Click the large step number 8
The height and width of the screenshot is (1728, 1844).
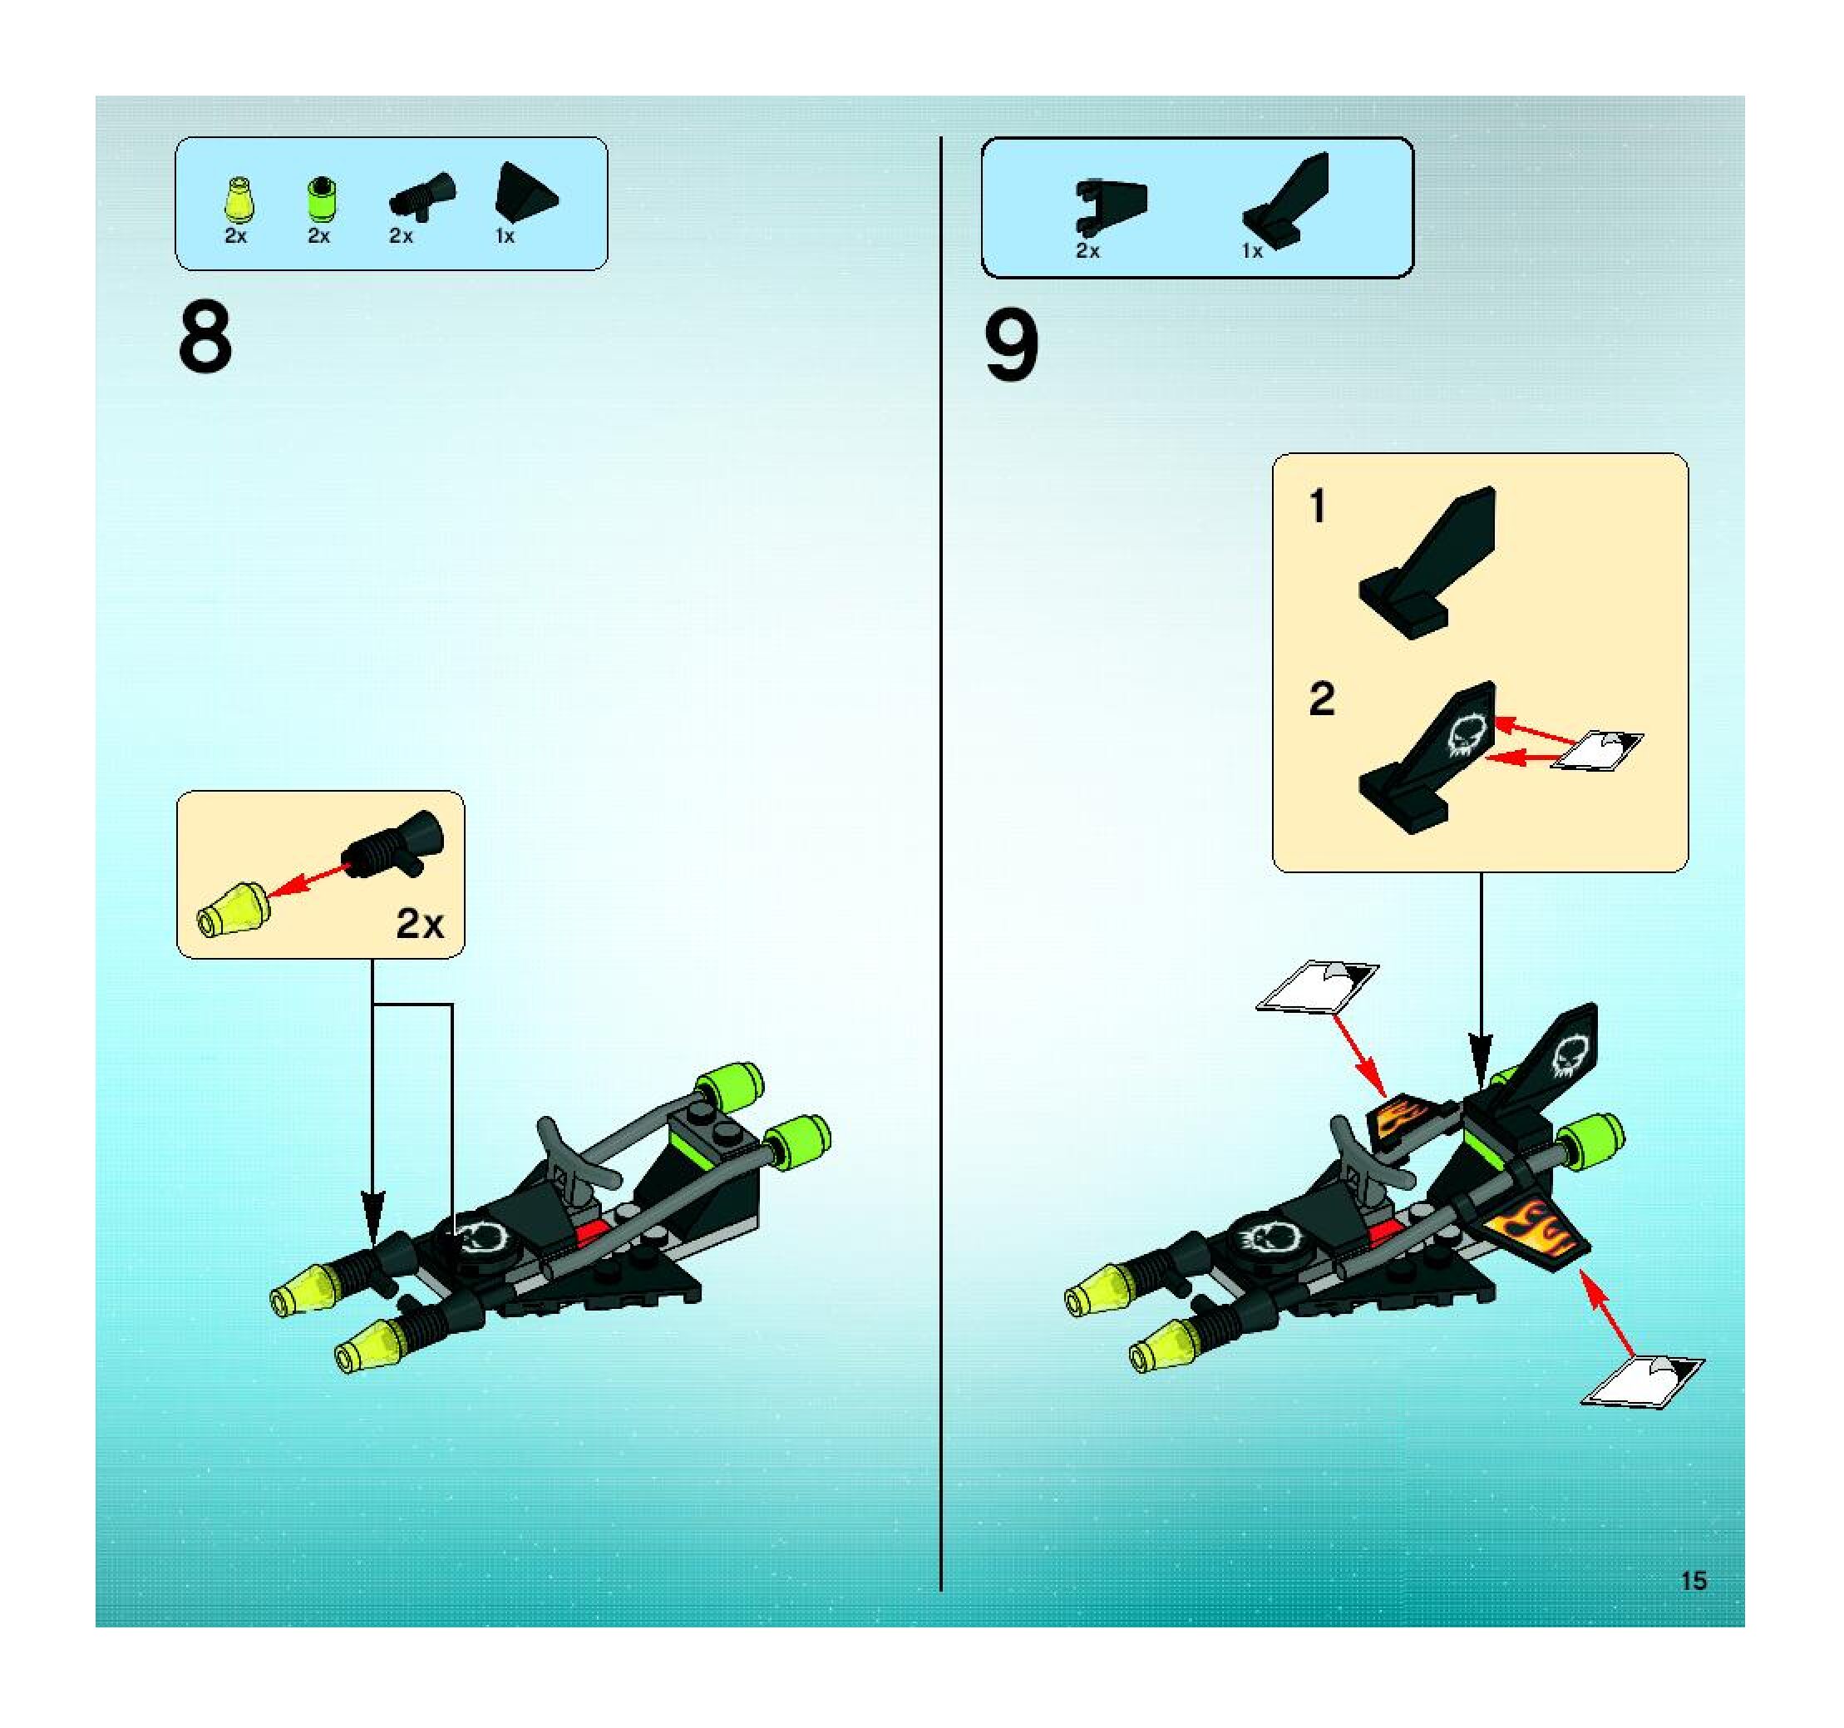point(205,338)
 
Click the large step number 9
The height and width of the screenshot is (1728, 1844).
point(1011,345)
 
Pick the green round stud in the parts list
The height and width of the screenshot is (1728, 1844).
point(321,198)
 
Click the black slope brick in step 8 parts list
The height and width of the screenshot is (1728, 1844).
point(525,193)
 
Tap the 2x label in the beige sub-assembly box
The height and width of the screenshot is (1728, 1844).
point(419,923)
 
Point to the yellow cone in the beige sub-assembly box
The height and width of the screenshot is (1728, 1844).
point(233,909)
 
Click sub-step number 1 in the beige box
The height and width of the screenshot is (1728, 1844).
point(1317,506)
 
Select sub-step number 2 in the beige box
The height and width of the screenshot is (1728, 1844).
point(1321,699)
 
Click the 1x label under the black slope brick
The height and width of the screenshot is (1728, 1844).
point(505,236)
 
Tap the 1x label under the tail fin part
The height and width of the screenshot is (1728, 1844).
point(1252,251)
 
